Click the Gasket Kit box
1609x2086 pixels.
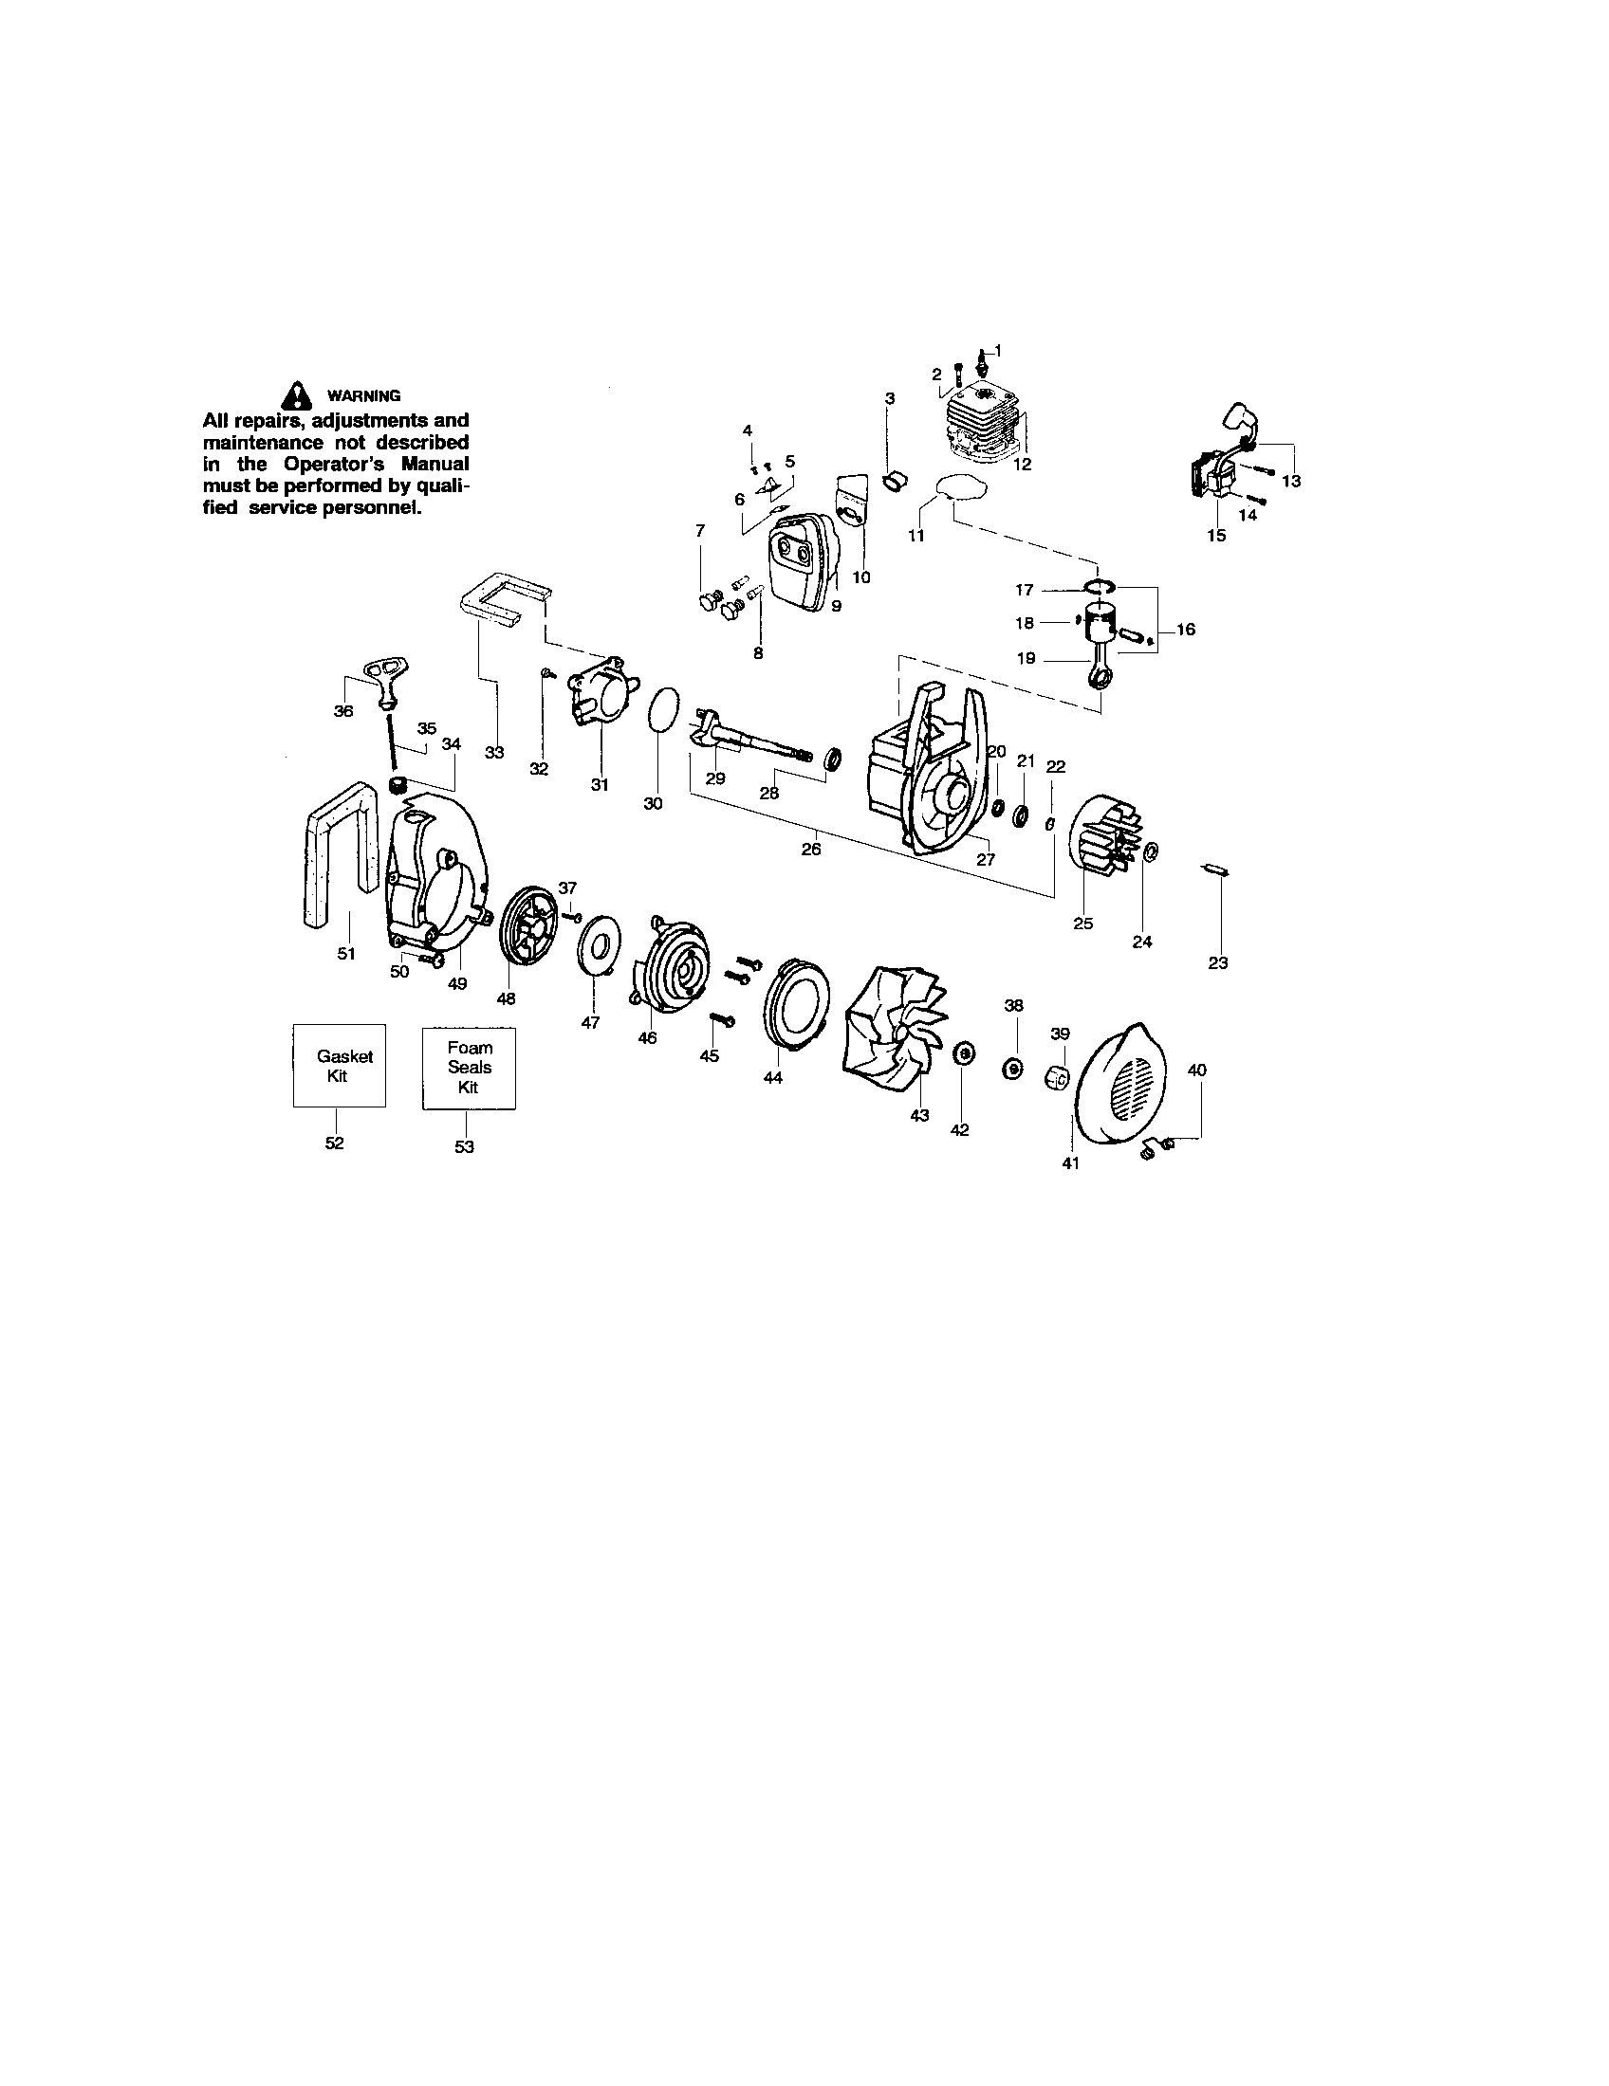(x=339, y=1066)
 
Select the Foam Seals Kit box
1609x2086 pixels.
(x=468, y=1068)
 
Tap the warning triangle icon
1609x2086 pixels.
(x=299, y=394)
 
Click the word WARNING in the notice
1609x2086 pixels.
(x=364, y=396)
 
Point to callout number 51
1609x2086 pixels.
(x=346, y=953)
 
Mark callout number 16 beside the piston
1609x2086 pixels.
(x=1186, y=630)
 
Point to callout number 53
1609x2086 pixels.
(x=464, y=1146)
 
